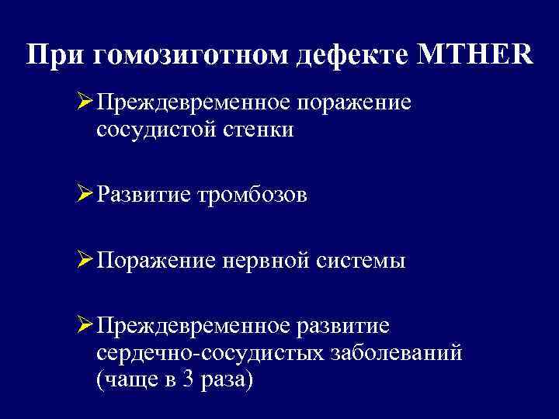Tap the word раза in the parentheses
231,382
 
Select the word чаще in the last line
134,382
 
